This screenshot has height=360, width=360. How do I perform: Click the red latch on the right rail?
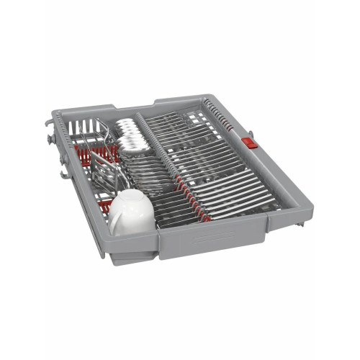251,143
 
